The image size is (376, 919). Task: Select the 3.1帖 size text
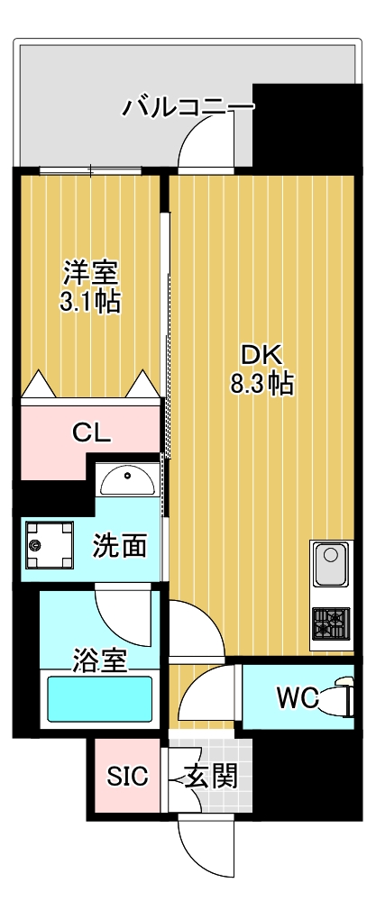click(x=90, y=302)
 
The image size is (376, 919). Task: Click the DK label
click(x=261, y=354)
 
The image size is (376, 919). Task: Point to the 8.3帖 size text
click(x=261, y=384)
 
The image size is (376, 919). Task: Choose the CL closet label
click(x=91, y=432)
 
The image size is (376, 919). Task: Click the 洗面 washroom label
click(x=120, y=545)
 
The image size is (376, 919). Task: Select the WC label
click(x=297, y=698)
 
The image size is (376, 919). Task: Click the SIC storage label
click(x=127, y=777)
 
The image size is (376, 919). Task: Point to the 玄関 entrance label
click(x=212, y=777)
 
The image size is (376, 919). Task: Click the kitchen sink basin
click(x=330, y=567)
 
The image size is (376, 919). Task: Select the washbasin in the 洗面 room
click(x=128, y=481)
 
